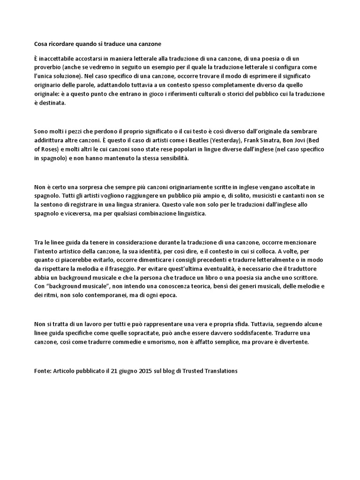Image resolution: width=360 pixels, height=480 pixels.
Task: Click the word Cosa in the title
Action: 41,44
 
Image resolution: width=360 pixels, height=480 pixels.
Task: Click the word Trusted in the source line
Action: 192,371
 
